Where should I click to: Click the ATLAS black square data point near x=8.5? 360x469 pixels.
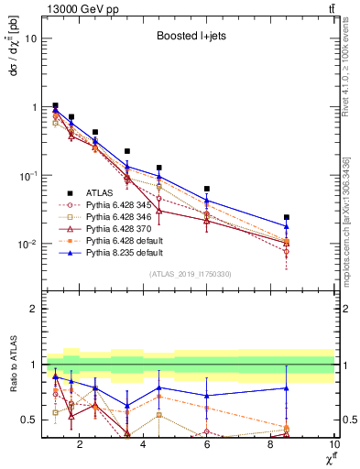click(x=287, y=217)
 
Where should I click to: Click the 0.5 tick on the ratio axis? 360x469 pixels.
click(x=29, y=420)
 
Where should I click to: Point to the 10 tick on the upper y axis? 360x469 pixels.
click(x=30, y=38)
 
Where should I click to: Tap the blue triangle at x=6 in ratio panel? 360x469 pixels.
click(x=207, y=396)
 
